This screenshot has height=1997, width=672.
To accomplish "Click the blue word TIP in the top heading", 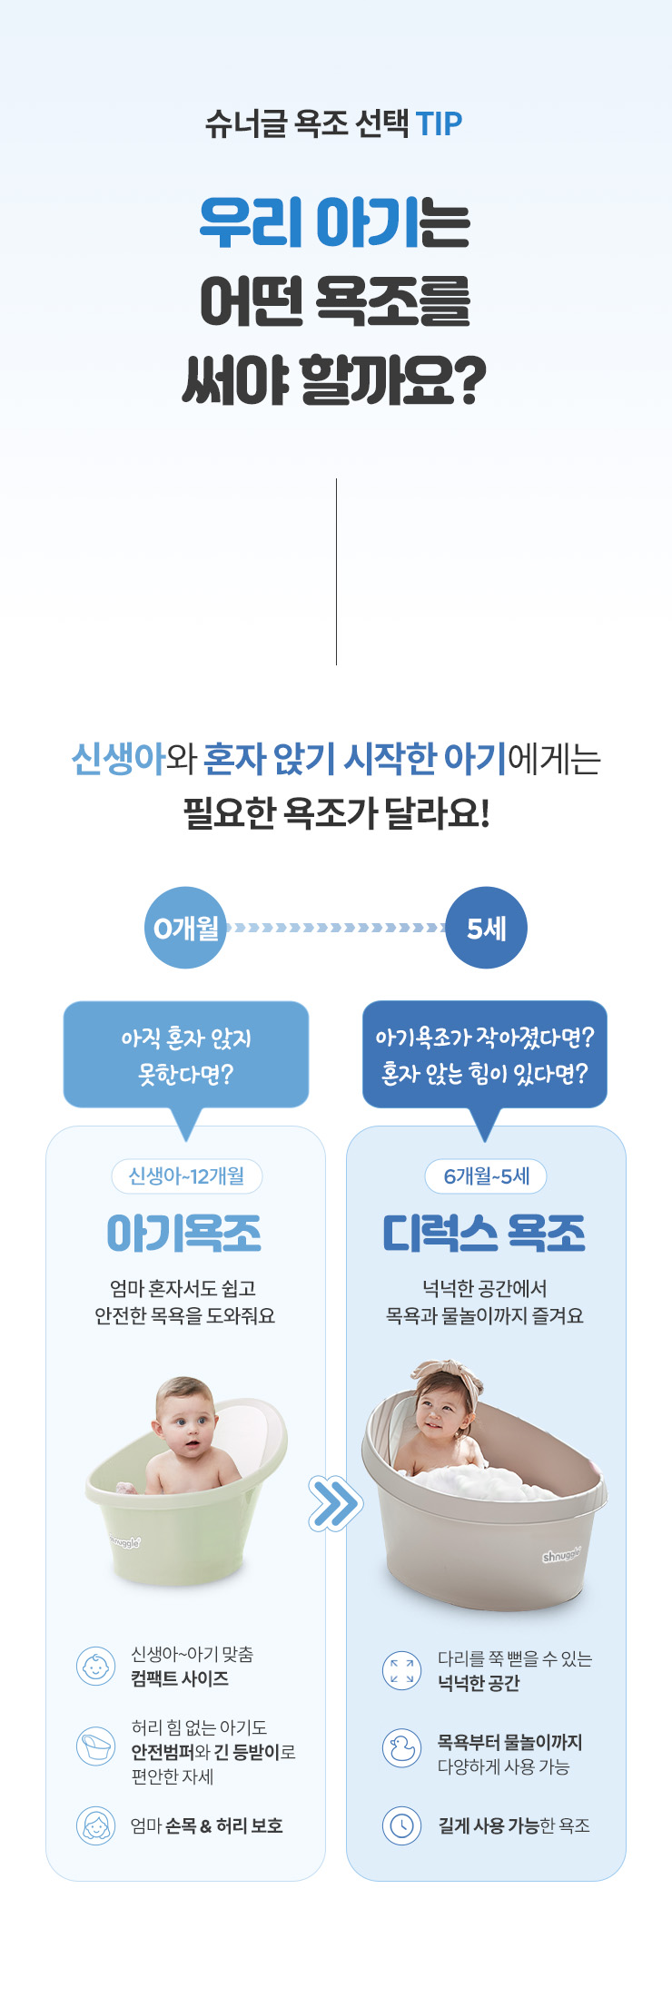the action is pyautogui.click(x=439, y=123).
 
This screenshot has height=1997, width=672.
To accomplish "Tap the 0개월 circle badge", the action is pyautogui.click(x=186, y=928).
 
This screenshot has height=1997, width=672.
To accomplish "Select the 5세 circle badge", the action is pyautogui.click(x=486, y=928).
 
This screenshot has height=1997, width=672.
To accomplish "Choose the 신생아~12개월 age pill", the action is pyautogui.click(x=186, y=1176).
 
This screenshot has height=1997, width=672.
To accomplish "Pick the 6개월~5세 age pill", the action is pyautogui.click(x=486, y=1176).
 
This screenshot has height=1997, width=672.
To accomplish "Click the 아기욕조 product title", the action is pyautogui.click(x=184, y=1234).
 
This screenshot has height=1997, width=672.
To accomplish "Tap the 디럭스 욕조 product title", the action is pyautogui.click(x=484, y=1234).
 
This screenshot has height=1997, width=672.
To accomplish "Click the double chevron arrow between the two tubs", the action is pyautogui.click(x=335, y=1504).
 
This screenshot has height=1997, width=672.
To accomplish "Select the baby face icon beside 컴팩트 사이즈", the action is pyautogui.click(x=95, y=1667).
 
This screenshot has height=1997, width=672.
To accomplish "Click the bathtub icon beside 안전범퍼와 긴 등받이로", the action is pyautogui.click(x=95, y=1746).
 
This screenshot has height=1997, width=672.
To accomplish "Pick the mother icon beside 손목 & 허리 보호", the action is pyautogui.click(x=95, y=1825).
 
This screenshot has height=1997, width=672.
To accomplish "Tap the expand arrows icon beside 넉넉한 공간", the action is pyautogui.click(x=401, y=1670).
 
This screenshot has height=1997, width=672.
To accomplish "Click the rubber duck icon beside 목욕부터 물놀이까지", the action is pyautogui.click(x=401, y=1747).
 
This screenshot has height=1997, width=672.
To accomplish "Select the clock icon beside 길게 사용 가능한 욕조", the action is pyautogui.click(x=401, y=1825).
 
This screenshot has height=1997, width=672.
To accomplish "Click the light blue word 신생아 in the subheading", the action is pyautogui.click(x=118, y=759).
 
